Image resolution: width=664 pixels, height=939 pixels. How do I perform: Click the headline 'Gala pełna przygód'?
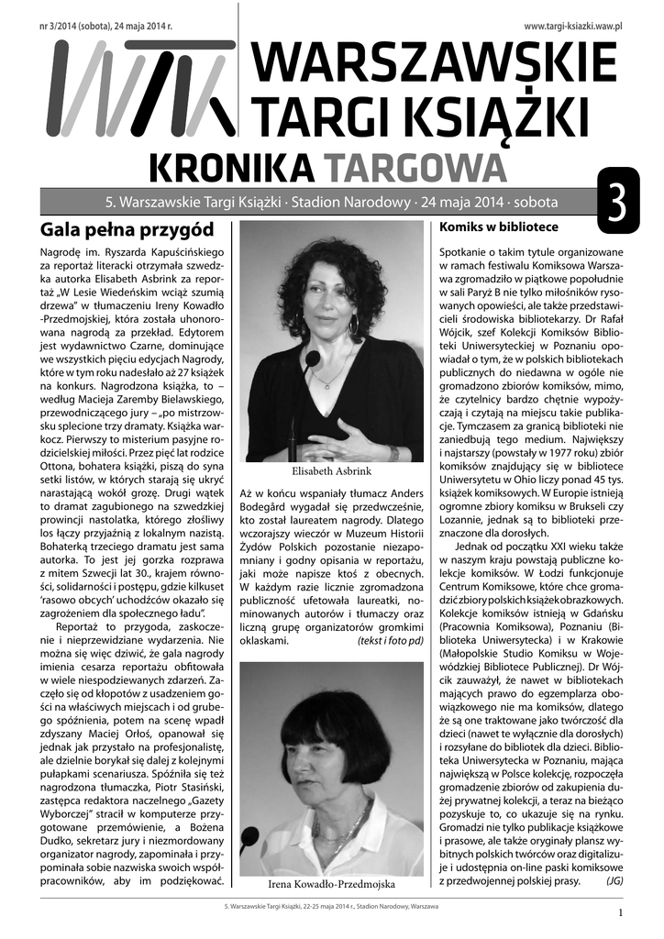pyautogui.click(x=127, y=228)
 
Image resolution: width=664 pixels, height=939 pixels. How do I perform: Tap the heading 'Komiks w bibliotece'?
pyautogui.click(x=499, y=226)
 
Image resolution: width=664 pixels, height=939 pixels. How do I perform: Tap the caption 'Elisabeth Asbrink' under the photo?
pyautogui.click(x=331, y=471)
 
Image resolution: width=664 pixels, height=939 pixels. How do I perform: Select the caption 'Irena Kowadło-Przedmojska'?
pyautogui.click(x=331, y=885)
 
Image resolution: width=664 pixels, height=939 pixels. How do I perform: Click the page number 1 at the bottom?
pyautogui.click(x=620, y=912)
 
